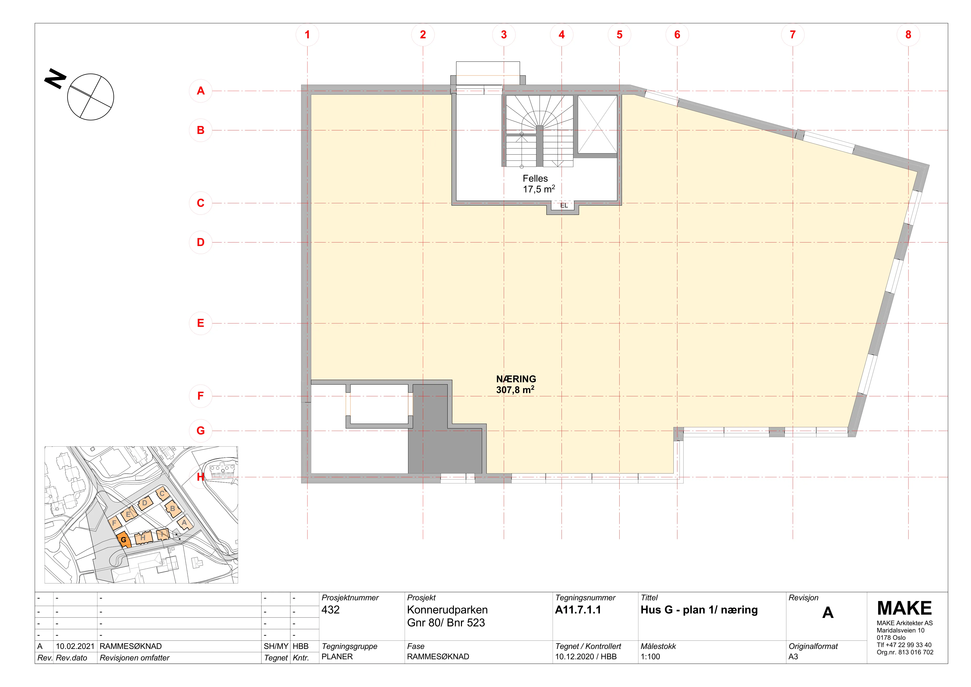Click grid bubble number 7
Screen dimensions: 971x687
click(792, 35)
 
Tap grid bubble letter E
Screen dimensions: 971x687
click(200, 323)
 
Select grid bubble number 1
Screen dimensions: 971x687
click(307, 35)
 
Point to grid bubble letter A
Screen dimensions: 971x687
click(200, 90)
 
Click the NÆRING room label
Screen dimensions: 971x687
click(516, 379)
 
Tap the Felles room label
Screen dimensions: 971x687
click(535, 179)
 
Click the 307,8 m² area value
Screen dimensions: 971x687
click(515, 390)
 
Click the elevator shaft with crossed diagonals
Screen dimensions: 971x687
click(597, 124)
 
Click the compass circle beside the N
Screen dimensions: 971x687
click(90, 97)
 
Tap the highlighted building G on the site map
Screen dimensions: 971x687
click(124, 540)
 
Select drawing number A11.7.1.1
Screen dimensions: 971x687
click(578, 610)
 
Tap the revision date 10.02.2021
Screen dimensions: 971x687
click(75, 646)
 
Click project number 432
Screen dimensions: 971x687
click(330, 610)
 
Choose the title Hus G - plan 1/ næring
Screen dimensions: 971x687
click(699, 610)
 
